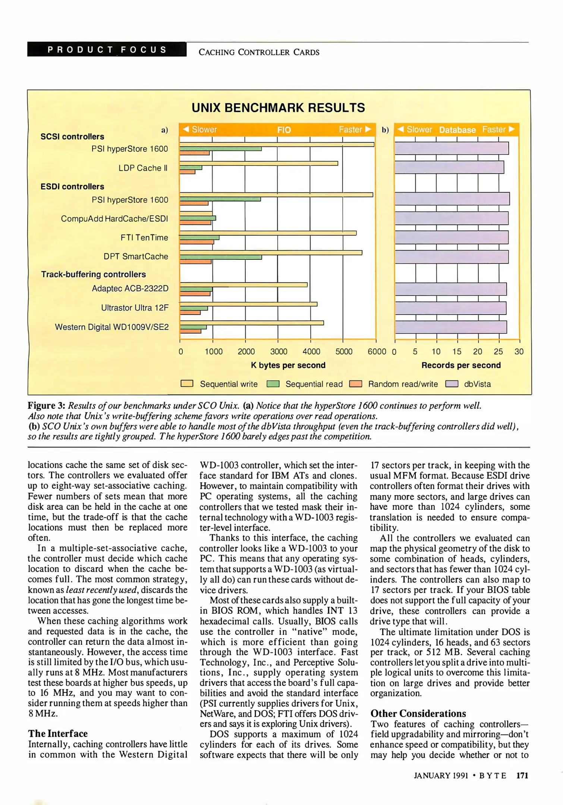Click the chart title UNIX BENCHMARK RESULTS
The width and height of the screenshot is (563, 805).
(x=278, y=108)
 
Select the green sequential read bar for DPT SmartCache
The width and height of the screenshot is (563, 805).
(x=221, y=257)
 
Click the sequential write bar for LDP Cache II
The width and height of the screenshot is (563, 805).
(x=259, y=163)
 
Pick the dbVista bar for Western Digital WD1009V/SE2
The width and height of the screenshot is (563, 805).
(x=450, y=327)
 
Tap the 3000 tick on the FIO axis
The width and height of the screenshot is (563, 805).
(x=279, y=351)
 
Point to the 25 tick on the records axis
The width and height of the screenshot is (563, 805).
(x=498, y=351)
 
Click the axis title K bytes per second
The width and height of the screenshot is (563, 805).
(x=288, y=365)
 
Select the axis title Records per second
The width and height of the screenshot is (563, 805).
(x=461, y=365)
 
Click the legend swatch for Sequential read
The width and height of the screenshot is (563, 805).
(x=273, y=384)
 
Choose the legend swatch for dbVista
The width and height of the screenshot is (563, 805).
(x=452, y=384)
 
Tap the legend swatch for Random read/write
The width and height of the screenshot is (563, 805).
(x=355, y=384)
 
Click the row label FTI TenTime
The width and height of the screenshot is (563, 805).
(x=144, y=237)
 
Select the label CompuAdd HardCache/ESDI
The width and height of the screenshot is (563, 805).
(x=114, y=218)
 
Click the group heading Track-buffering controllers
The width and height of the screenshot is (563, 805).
(x=94, y=274)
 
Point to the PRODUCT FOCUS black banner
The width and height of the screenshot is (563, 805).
(x=107, y=50)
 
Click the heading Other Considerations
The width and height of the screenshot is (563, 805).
(x=418, y=713)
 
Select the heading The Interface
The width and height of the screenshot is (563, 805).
(x=58, y=733)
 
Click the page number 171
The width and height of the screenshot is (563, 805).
(x=522, y=776)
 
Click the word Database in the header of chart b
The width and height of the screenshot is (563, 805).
(x=457, y=130)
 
